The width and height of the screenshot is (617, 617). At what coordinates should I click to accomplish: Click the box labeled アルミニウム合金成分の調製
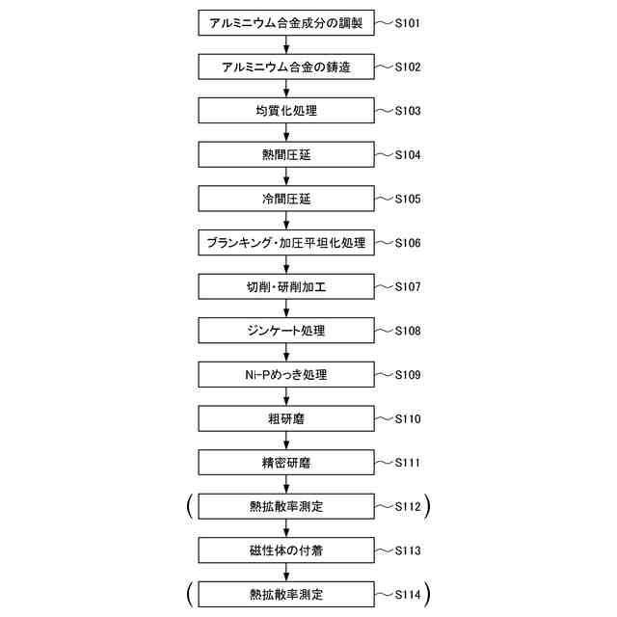pos(286,22)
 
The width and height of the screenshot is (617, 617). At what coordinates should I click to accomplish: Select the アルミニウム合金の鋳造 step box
pos(286,67)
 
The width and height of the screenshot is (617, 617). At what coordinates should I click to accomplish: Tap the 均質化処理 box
pos(286,111)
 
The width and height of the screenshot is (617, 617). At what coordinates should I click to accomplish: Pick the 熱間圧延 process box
pos(286,154)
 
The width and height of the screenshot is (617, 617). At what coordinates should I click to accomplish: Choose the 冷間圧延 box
pos(286,199)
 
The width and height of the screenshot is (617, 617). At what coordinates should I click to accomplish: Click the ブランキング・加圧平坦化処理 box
pos(286,243)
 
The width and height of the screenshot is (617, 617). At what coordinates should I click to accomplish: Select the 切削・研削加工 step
pos(286,286)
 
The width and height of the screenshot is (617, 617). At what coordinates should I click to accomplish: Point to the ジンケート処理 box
pos(286,331)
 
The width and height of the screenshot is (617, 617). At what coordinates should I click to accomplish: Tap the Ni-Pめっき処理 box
pos(286,374)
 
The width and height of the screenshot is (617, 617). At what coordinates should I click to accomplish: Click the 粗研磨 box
pos(286,418)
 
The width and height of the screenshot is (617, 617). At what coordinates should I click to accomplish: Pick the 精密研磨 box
pos(286,463)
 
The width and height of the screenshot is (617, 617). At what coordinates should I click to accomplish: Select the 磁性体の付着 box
pos(286,550)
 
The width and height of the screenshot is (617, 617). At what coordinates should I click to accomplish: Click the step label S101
pos(407,22)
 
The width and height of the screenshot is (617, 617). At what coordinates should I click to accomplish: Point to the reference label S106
pos(407,243)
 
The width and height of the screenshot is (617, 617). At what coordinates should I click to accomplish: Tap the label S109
pos(407,374)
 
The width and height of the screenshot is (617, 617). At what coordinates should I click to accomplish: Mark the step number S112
pos(407,506)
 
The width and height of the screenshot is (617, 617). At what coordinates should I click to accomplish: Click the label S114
pos(407,594)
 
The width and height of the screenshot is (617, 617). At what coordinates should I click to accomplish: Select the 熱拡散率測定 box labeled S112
pos(286,506)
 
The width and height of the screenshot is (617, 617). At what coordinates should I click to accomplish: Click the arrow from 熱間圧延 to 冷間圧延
pos(286,176)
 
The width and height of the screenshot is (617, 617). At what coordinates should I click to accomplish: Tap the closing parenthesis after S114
pos(426,593)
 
